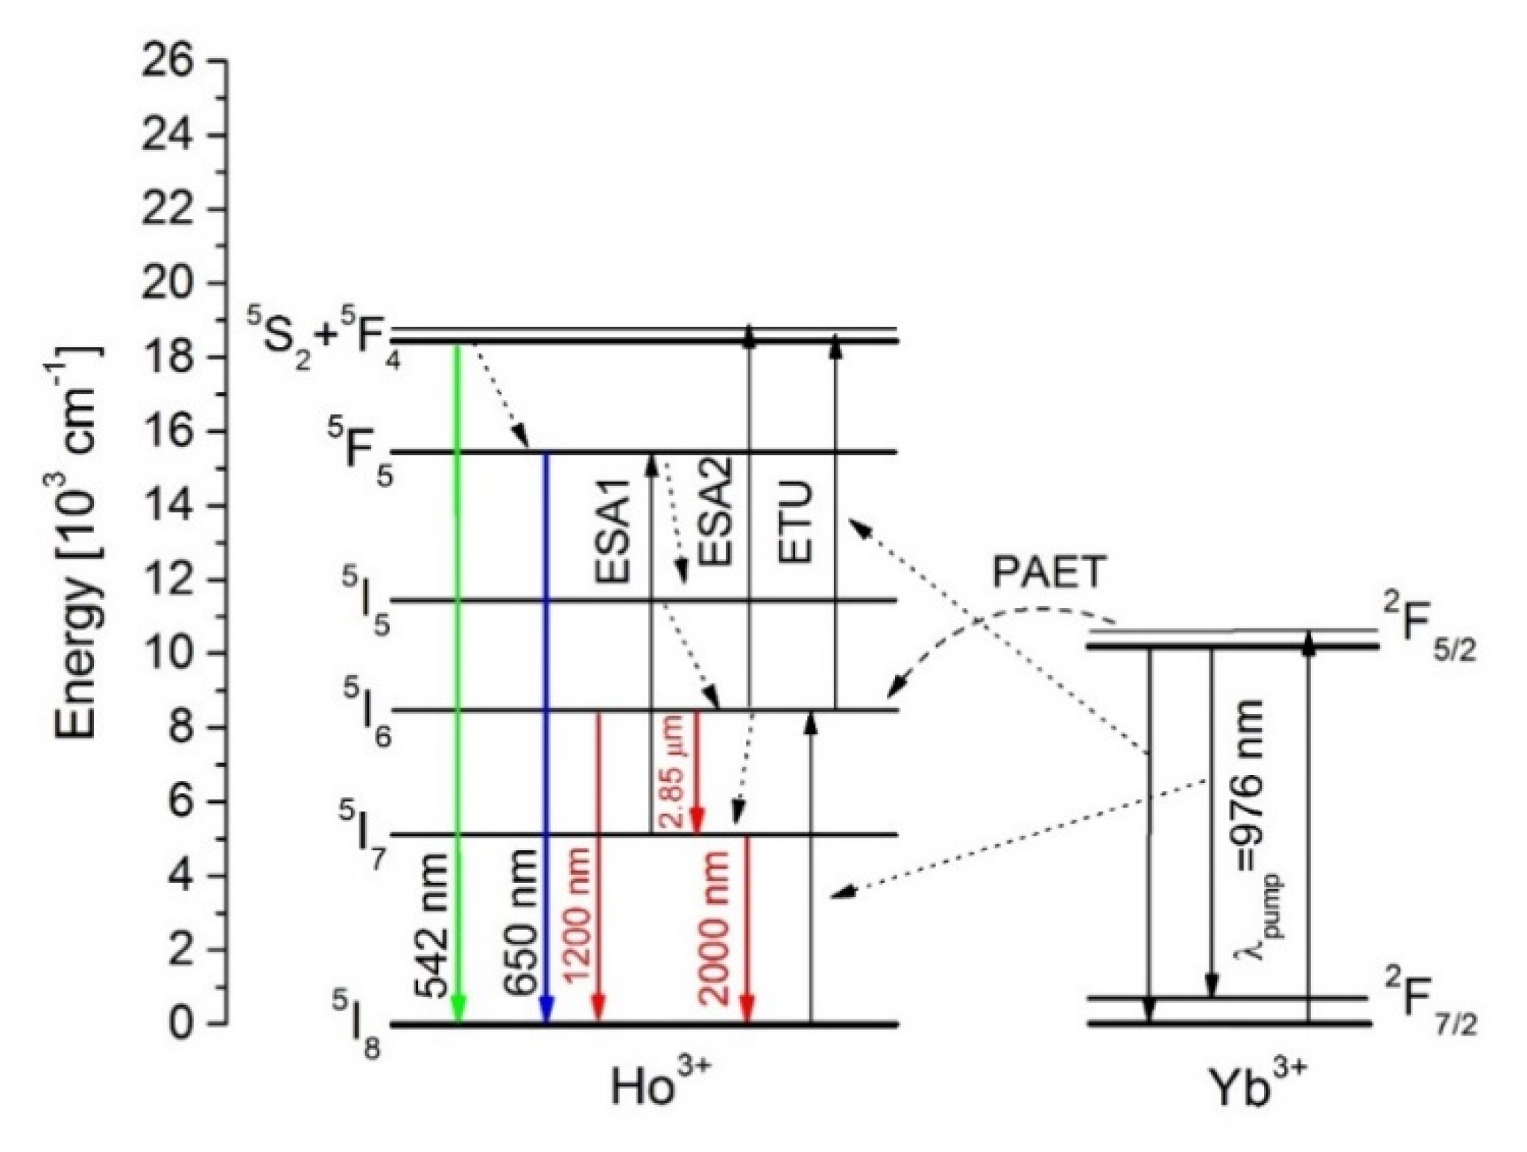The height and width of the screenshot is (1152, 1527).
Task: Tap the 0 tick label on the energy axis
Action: click(182, 1024)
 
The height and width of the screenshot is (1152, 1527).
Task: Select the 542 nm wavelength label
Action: click(432, 925)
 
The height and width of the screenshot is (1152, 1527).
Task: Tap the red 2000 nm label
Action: click(713, 927)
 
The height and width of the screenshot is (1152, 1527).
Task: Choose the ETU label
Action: click(794, 522)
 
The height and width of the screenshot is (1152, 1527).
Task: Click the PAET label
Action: click(1047, 572)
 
